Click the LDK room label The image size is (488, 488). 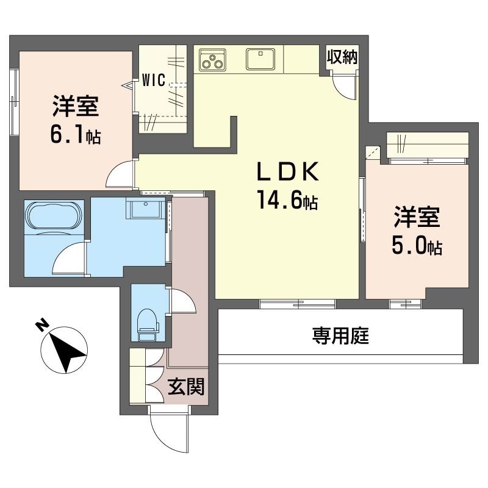pyautogui.click(x=288, y=171)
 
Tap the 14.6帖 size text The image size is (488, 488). pyautogui.click(x=287, y=200)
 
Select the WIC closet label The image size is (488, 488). pyautogui.click(x=154, y=80)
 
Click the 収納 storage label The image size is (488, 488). pyautogui.click(x=342, y=57)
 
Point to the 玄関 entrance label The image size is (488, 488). pyautogui.click(x=186, y=387)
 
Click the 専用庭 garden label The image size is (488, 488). pyautogui.click(x=341, y=336)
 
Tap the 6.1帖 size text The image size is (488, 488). pyautogui.click(x=75, y=135)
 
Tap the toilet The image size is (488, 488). pyautogui.click(x=148, y=325)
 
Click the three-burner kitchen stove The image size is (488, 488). pyautogui.click(x=212, y=60)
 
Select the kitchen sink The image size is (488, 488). pyautogui.click(x=260, y=59)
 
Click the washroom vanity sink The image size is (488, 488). pyautogui.click(x=146, y=207)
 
